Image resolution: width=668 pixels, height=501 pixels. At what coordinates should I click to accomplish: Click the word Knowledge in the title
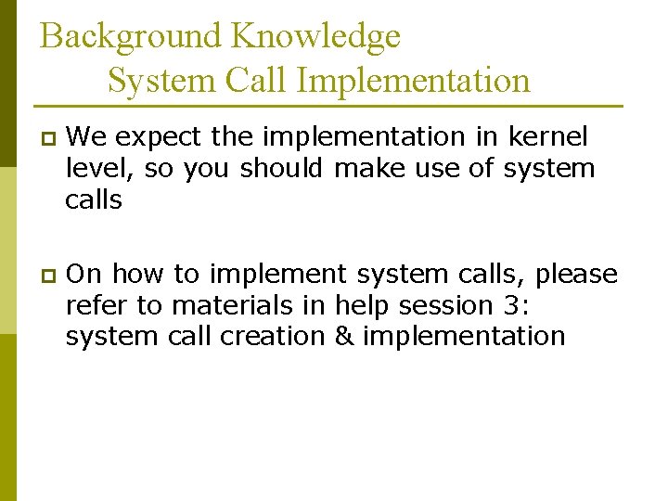(x=316, y=37)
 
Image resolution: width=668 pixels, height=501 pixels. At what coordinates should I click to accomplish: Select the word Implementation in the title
(x=414, y=81)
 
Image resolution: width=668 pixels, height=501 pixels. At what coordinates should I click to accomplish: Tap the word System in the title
(x=161, y=81)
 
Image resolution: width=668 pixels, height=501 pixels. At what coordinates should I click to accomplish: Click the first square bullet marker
(x=48, y=138)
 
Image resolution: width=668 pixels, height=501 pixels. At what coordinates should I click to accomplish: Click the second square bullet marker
(x=48, y=276)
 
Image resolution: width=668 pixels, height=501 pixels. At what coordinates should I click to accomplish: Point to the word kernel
(x=547, y=136)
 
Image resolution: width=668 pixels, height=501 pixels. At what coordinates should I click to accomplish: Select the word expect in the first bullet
(x=161, y=137)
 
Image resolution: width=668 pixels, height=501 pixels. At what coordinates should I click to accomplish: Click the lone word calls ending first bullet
(x=94, y=199)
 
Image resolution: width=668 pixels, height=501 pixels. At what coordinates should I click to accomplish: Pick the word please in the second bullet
(x=576, y=276)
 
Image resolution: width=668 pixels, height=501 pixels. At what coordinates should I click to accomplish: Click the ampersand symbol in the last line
(x=344, y=335)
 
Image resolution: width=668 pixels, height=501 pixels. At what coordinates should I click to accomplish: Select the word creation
(x=274, y=335)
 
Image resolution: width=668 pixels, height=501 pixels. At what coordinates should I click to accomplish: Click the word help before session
(x=364, y=304)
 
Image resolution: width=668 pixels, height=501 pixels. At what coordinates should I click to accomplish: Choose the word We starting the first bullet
(x=88, y=136)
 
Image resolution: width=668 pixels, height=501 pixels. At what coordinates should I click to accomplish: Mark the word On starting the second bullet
(x=87, y=275)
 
